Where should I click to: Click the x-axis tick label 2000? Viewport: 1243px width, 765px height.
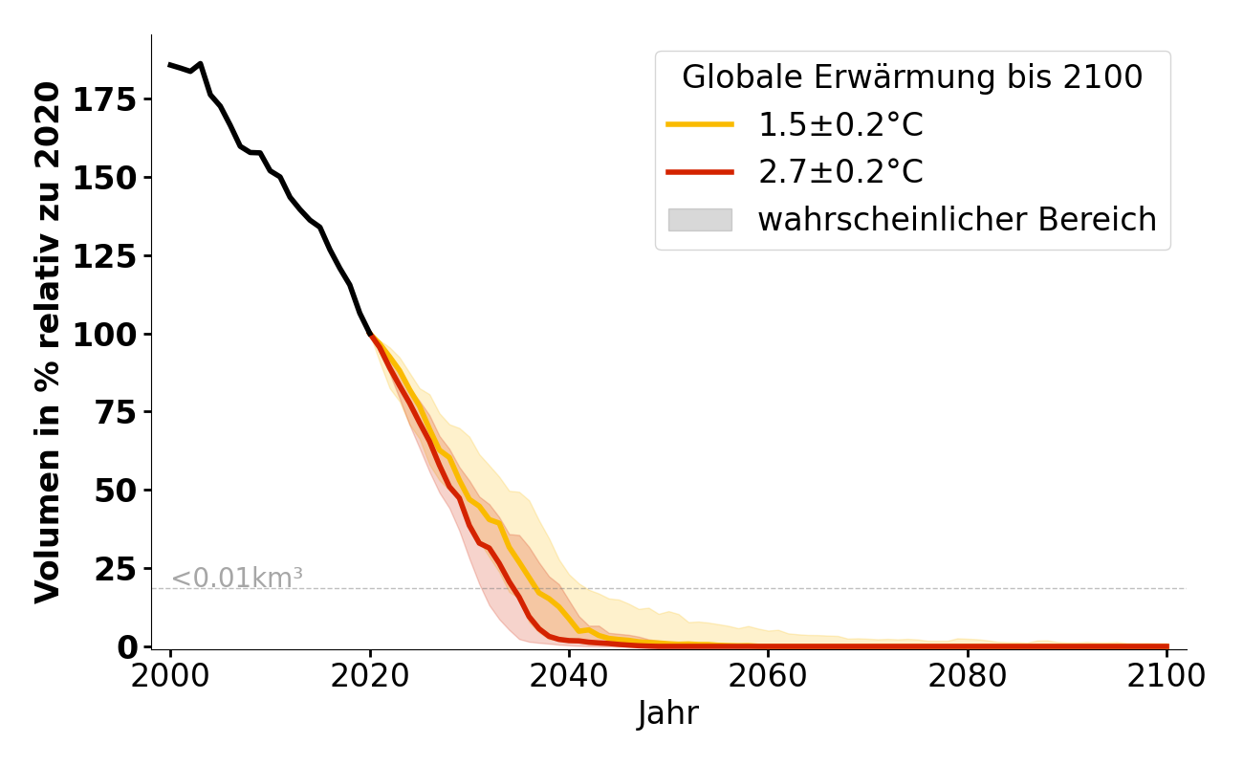(x=171, y=676)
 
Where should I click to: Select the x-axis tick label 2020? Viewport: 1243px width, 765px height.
(x=370, y=676)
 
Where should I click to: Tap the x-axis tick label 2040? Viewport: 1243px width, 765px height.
(x=569, y=676)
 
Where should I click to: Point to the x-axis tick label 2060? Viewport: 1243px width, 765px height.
(x=769, y=676)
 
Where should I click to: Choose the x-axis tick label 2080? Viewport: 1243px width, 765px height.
(x=968, y=676)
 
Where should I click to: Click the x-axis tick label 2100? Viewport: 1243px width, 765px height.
(x=1167, y=676)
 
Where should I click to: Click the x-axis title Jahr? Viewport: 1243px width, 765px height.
(x=668, y=714)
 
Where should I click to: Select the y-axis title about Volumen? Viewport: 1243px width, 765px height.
(x=48, y=342)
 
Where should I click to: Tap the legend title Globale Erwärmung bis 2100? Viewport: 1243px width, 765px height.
(x=912, y=78)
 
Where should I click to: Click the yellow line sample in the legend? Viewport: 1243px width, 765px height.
(x=699, y=124)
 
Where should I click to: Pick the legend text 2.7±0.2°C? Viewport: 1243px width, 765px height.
(x=840, y=172)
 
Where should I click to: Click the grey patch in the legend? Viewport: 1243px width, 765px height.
(x=699, y=220)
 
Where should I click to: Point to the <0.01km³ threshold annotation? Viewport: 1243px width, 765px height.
(x=237, y=578)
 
